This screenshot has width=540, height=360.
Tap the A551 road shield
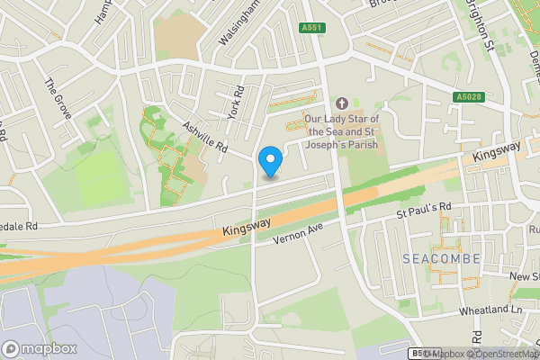point(311,28)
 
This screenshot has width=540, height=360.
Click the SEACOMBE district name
point(441,258)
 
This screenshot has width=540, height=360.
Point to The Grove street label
point(57,93)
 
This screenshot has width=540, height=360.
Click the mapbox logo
point(40,348)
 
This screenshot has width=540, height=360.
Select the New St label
point(525,276)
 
